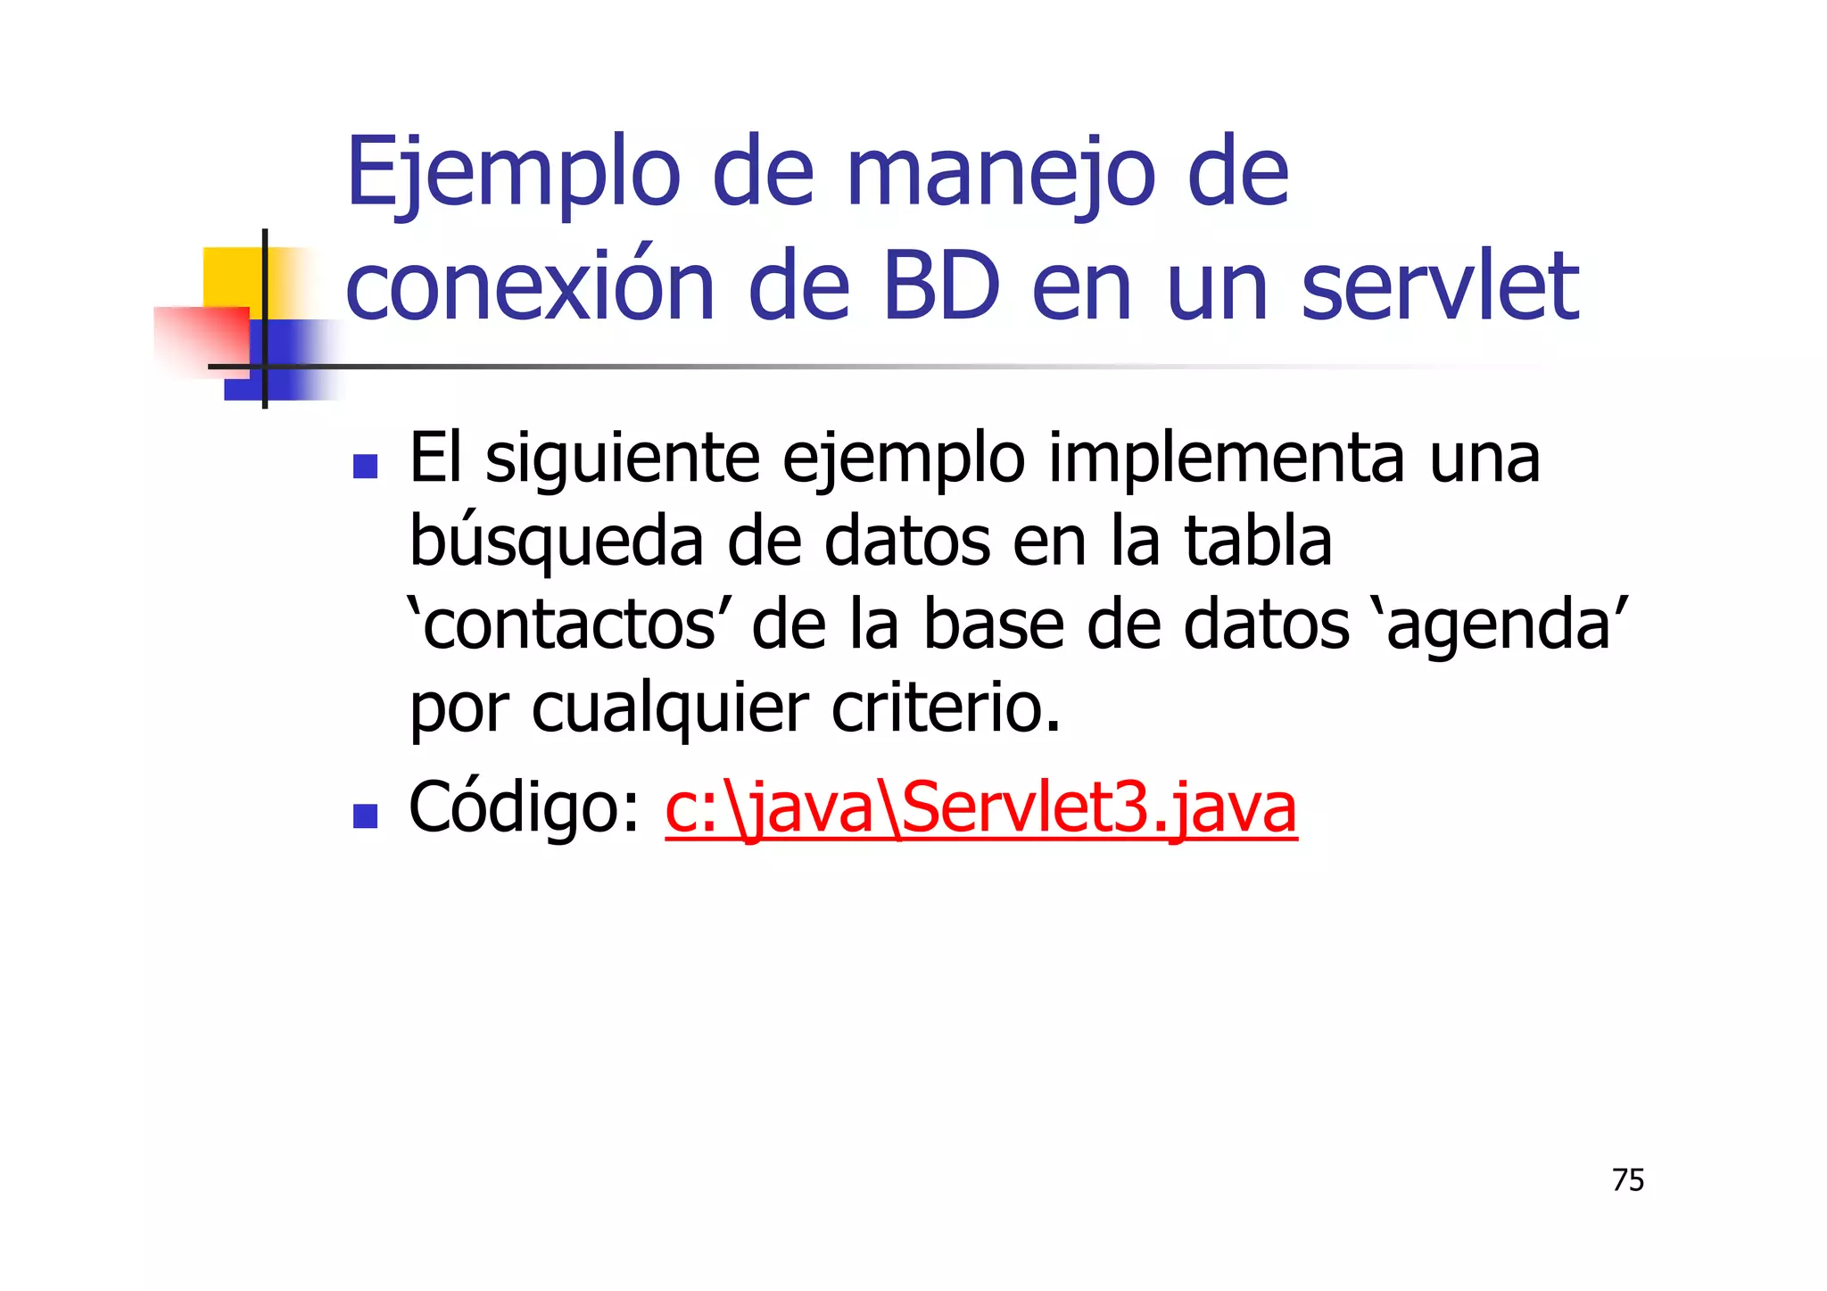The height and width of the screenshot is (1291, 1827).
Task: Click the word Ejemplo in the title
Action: point(513,174)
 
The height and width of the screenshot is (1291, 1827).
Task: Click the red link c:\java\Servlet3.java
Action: point(980,808)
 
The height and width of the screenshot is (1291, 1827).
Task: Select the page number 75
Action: point(1628,1180)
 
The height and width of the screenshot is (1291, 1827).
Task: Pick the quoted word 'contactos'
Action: point(563,625)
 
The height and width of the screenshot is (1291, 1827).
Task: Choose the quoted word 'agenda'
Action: point(1499,625)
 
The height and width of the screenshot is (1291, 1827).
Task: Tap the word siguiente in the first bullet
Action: point(622,460)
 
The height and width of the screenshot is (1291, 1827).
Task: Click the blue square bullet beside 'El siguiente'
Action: point(365,467)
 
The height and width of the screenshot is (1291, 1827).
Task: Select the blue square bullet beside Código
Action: point(365,815)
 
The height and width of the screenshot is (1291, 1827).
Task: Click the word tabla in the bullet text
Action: point(1257,541)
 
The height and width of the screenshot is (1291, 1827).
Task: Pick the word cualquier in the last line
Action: point(670,709)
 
